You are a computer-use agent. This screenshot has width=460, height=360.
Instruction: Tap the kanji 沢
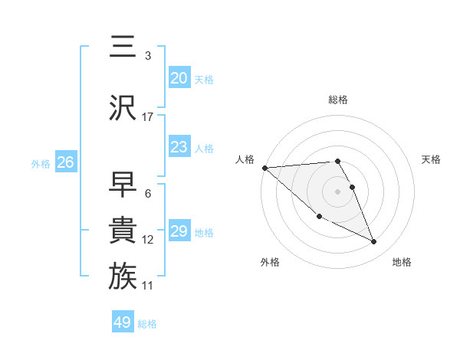pos(123,107)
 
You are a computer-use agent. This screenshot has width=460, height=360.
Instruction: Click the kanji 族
pos(123,277)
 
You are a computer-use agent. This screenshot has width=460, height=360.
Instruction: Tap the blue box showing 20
pos(179,78)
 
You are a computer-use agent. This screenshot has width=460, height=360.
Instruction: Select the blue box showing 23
pos(179,147)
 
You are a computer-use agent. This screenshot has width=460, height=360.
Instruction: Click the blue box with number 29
pos(179,231)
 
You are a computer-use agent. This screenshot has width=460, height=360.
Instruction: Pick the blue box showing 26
pos(65,162)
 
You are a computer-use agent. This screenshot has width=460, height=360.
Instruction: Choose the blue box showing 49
pos(123,322)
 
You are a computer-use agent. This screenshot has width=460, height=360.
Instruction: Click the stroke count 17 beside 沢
pos(148,117)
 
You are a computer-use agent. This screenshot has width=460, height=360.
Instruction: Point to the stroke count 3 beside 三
pos(148,56)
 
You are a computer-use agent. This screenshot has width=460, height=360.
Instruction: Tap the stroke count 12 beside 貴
pos(148,240)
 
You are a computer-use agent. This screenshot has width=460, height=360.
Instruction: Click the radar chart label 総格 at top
pos(338,100)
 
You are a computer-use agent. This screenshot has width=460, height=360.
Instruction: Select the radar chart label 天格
pos(432,159)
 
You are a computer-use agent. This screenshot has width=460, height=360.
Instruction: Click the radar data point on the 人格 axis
pos(264,168)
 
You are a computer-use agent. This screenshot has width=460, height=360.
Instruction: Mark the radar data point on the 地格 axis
pos(374,242)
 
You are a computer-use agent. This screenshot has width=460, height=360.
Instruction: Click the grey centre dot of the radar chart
pos(338,191)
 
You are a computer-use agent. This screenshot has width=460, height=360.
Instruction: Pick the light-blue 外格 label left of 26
pos(41,163)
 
